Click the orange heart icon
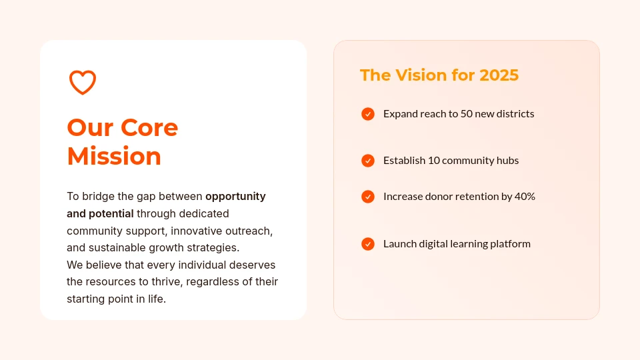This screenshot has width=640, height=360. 83,82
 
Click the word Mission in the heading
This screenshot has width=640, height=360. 114,156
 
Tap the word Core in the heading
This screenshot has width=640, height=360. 150,127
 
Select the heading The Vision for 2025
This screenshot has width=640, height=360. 439,75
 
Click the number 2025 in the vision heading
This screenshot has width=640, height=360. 499,75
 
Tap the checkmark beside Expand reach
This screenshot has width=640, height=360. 368,114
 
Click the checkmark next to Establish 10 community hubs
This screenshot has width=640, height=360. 368,161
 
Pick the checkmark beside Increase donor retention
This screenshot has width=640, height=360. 368,197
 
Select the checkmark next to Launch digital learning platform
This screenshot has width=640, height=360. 368,244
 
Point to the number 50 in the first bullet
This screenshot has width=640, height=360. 467,114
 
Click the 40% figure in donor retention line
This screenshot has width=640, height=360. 525,197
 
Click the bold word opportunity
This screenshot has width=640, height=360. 235,197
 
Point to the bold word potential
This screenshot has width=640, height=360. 111,214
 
